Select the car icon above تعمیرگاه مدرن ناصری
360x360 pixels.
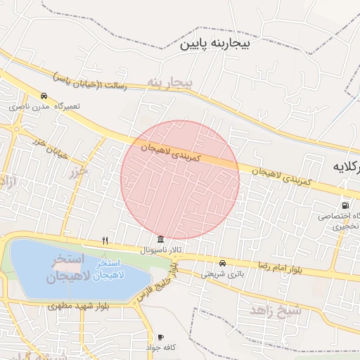click(44, 96)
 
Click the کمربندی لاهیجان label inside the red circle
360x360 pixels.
click(171, 153)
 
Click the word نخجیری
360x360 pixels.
click(346, 226)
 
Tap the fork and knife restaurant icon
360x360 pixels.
click(105, 240)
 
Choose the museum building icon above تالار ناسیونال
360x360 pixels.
click(162, 239)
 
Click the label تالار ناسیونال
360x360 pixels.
click(161, 250)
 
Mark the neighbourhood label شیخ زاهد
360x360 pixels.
click(275, 309)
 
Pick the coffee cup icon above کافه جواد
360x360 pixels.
click(161, 337)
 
